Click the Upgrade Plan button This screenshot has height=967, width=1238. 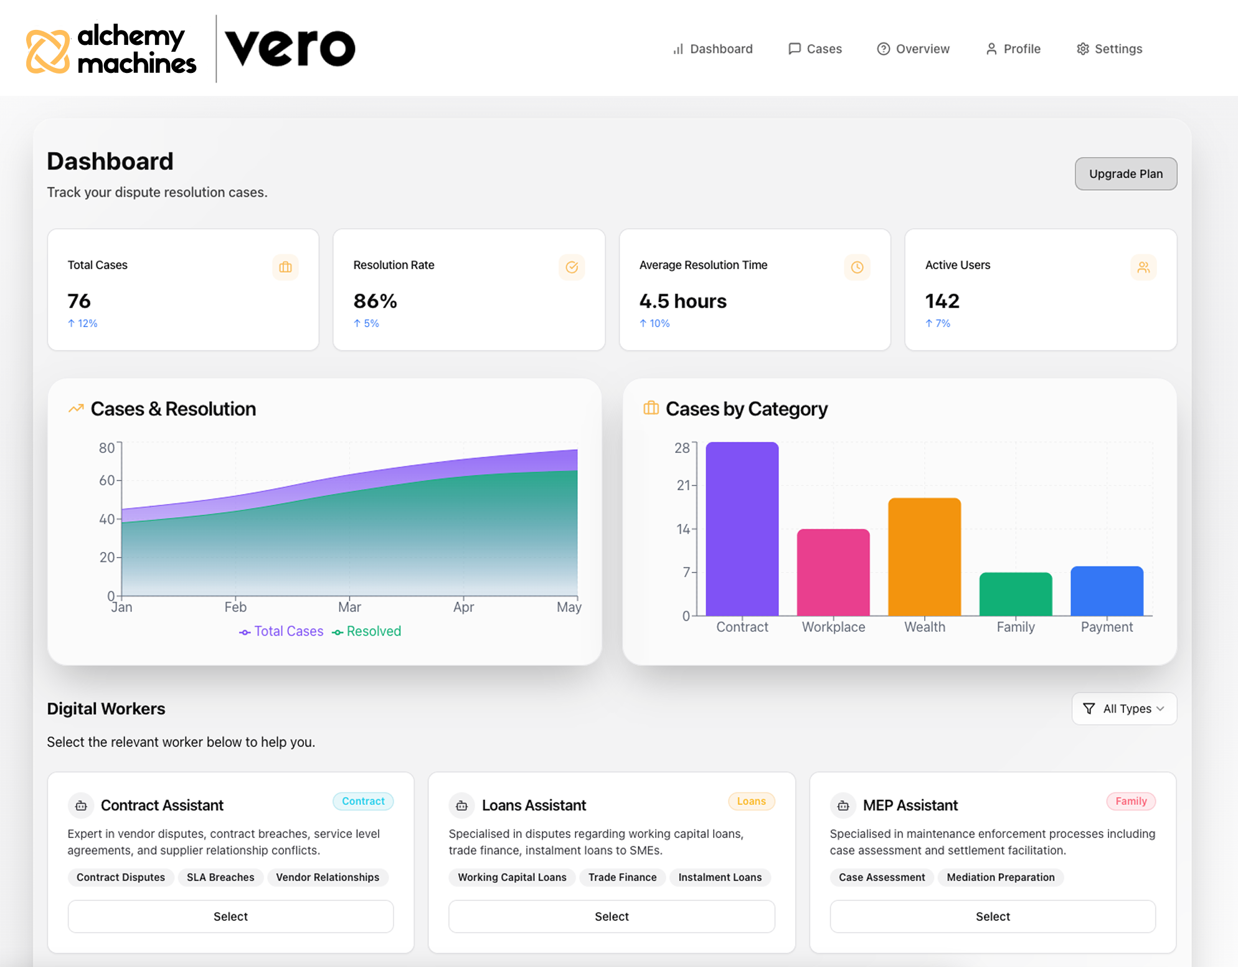pos(1125,174)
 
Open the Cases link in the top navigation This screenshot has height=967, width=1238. pos(815,49)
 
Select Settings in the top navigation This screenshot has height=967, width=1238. pos(1110,49)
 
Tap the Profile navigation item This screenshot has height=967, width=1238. pos(1013,49)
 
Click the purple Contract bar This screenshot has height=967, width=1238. pos(742,529)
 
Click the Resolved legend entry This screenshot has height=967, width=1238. pos(367,631)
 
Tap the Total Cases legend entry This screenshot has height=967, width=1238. pos(281,631)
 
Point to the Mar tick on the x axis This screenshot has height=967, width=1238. pos(349,607)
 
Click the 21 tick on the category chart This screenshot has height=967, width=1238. pos(683,485)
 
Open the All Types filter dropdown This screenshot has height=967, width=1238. pos(1124,708)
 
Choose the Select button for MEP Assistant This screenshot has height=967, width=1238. pos(993,916)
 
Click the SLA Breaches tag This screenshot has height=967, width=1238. pos(220,877)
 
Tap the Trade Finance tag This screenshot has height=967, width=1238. pos(622,877)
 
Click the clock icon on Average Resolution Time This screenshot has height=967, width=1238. pos(857,267)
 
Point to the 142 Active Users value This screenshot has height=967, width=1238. pos(942,301)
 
